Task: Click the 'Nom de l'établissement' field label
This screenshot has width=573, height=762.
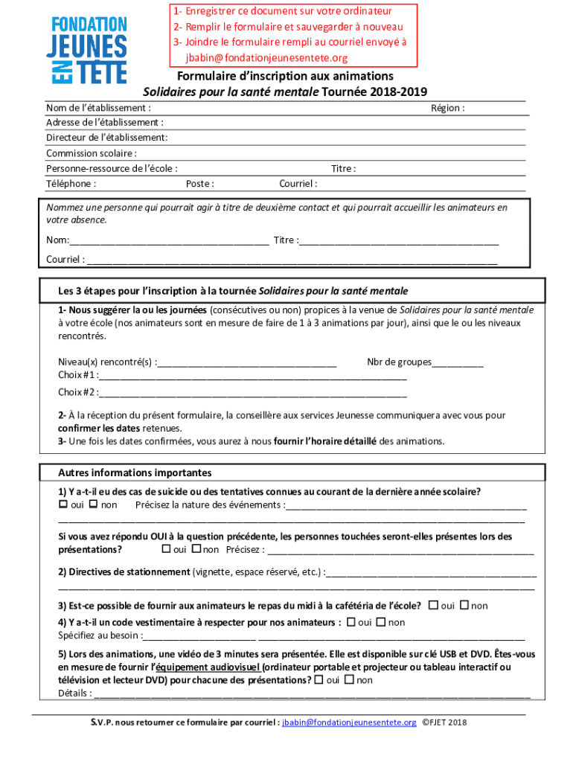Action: pyautogui.click(x=93, y=108)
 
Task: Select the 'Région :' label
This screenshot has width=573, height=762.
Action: pyautogui.click(x=447, y=108)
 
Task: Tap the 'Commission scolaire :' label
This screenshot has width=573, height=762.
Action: pyautogui.click(x=91, y=153)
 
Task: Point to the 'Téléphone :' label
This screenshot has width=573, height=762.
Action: pyautogui.click(x=71, y=184)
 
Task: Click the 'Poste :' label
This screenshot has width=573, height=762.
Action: pyautogui.click(x=200, y=184)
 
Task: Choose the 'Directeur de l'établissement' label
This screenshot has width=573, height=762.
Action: pyautogui.click(x=106, y=138)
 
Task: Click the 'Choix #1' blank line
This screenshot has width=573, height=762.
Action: pyautogui.click(x=253, y=377)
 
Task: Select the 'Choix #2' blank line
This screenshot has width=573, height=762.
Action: pyautogui.click(x=253, y=394)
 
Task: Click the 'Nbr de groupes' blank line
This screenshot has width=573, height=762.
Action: pyautogui.click(x=458, y=364)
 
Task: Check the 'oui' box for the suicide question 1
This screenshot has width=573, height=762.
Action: pyautogui.click(x=63, y=505)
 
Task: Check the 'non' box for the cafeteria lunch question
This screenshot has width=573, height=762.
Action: pyautogui.click(x=464, y=606)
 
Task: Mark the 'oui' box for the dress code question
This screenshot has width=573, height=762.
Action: pyautogui.click(x=350, y=622)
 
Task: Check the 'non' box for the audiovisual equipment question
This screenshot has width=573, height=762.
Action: pyautogui.click(x=349, y=680)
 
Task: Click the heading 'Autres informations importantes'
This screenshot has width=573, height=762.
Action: pyautogui.click(x=135, y=473)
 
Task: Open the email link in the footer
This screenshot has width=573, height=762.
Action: pyautogui.click(x=349, y=723)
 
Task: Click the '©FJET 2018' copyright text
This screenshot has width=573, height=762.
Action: pyautogui.click(x=444, y=723)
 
